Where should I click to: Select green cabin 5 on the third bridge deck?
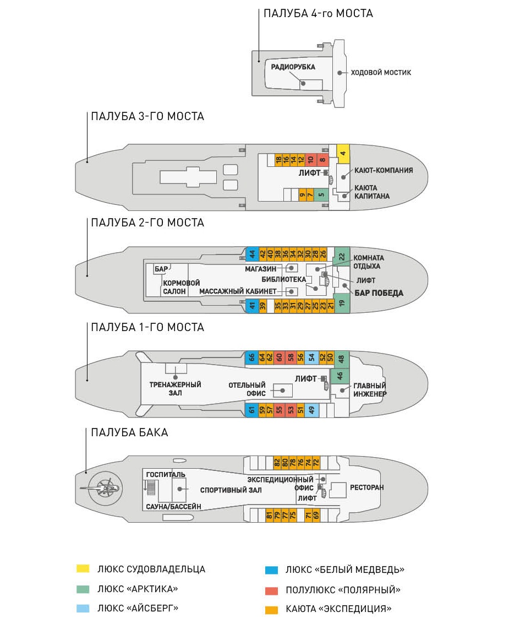(x=321, y=194)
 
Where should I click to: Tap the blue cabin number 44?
(x=252, y=254)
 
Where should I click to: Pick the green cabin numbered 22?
(x=342, y=257)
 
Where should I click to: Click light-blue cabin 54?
(x=311, y=357)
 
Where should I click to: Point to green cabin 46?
(x=340, y=376)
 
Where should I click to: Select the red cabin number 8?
(x=322, y=160)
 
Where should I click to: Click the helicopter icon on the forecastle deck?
(x=105, y=489)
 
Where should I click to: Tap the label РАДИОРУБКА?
(x=293, y=67)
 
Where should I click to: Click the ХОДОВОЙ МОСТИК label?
(x=381, y=73)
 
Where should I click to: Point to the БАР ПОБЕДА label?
(x=379, y=293)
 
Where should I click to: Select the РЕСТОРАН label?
(x=366, y=487)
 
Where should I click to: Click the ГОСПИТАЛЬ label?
(x=165, y=475)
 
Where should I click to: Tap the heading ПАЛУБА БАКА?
(x=129, y=432)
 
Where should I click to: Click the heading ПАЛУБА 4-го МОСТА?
(x=318, y=13)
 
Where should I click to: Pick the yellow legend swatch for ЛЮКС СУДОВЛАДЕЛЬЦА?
(x=83, y=568)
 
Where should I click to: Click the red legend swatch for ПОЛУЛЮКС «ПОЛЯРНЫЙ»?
(x=272, y=590)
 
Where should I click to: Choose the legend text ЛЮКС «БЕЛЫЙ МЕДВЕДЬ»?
(x=345, y=570)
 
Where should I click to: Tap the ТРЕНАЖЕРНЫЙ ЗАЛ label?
(x=175, y=389)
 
